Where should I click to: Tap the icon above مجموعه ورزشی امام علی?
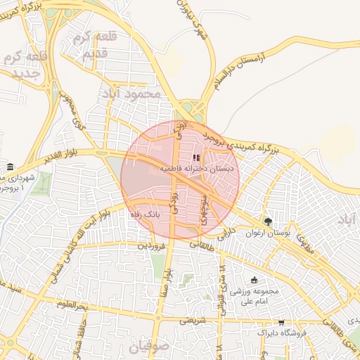(254, 280)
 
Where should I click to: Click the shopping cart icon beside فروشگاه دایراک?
(281, 323)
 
